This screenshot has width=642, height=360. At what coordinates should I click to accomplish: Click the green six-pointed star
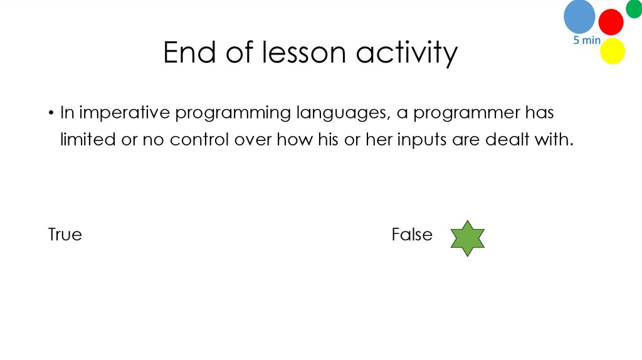[x=468, y=238]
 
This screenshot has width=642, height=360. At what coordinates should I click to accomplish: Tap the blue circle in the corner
[x=579, y=16]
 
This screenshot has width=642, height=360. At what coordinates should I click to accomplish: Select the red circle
[x=611, y=22]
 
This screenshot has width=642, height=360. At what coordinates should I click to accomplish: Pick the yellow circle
[x=613, y=51]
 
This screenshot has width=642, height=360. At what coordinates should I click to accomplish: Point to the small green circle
[x=634, y=8]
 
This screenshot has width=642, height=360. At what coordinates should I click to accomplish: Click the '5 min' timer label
[x=587, y=41]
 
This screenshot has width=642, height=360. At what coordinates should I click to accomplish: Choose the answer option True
[x=65, y=235]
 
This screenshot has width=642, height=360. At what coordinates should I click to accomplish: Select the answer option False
[x=412, y=235]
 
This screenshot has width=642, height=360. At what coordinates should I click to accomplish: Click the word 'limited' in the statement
[x=87, y=139]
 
